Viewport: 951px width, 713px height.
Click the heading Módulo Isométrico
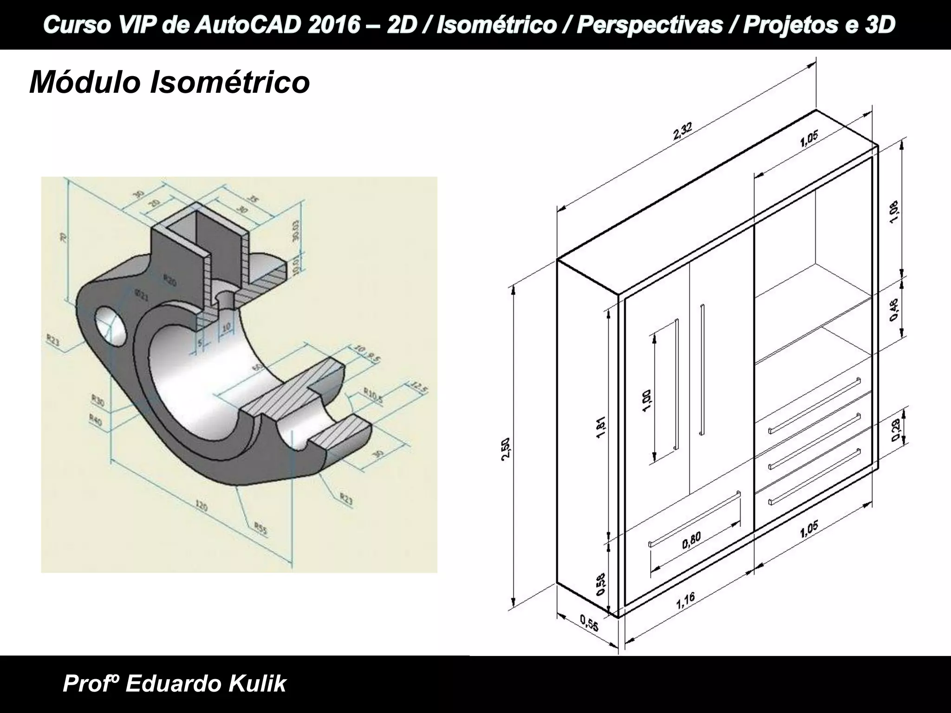pos(169,82)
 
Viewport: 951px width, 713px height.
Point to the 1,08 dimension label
pos(894,212)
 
